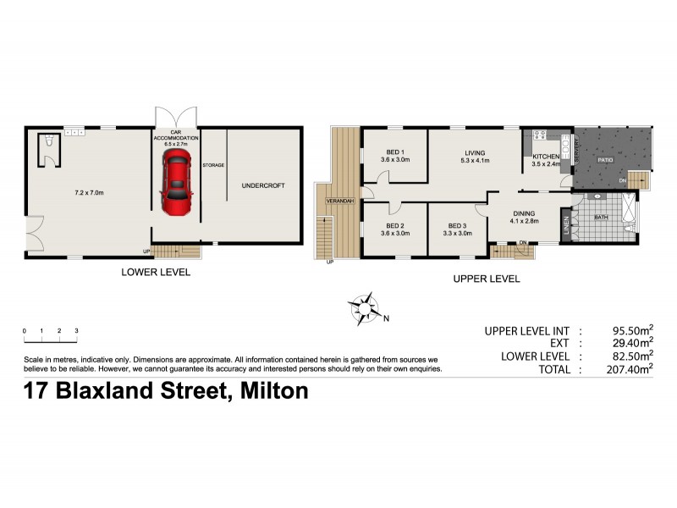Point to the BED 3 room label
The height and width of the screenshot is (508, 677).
pos(458,225)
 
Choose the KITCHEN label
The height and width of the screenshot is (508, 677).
pos(544,157)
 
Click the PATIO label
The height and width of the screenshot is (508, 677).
pos(604,158)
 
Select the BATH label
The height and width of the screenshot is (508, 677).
pos(602,218)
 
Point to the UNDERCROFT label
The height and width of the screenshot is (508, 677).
pos(261,185)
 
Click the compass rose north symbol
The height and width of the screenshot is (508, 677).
pos(365,309)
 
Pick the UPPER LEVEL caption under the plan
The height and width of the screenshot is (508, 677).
pos(486,279)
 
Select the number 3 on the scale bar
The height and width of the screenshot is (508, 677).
pos(77,330)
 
